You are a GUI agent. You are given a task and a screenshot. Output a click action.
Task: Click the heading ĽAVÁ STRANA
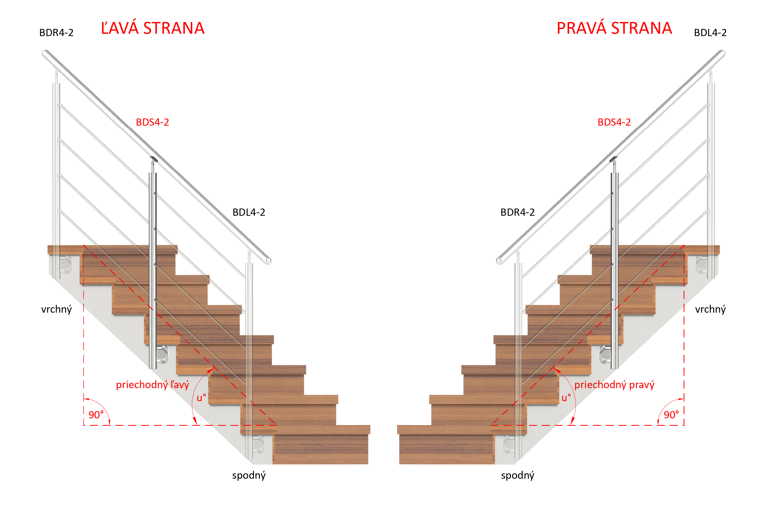[x=153, y=28]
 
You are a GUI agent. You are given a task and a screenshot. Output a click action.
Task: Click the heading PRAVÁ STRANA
[x=614, y=28]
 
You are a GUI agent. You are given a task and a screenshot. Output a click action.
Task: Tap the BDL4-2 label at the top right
[x=710, y=33]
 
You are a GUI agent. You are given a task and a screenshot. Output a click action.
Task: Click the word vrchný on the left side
[x=57, y=309]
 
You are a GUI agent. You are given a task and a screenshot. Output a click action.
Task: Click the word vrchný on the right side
[x=710, y=309]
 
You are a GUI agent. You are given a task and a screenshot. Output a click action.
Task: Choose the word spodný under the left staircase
[x=249, y=475]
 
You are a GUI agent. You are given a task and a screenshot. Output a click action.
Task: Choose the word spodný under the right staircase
[x=517, y=475]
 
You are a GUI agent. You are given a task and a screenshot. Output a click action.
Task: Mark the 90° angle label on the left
[x=96, y=415]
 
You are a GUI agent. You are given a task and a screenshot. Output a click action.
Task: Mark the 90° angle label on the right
[x=671, y=415]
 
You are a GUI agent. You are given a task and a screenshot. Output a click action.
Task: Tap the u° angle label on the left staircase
[x=201, y=398]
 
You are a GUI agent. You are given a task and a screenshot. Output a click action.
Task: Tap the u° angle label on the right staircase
[x=566, y=398]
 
